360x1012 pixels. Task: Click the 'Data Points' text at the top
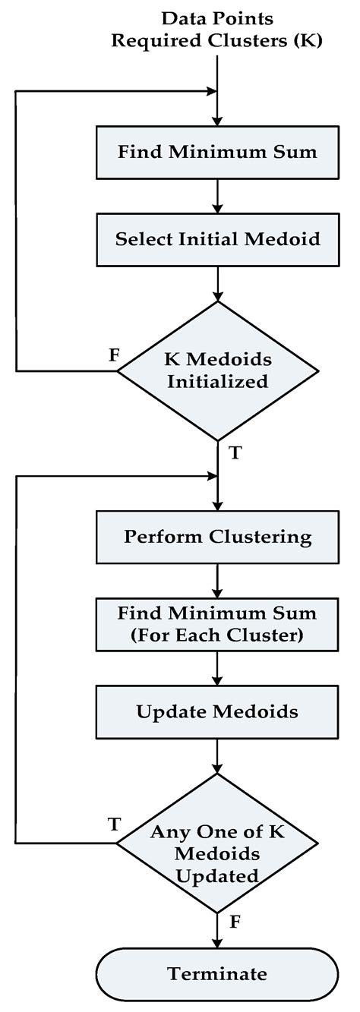[x=217, y=17]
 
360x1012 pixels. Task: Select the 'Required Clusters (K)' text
[x=217, y=40]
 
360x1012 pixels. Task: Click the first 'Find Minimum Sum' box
[x=217, y=151]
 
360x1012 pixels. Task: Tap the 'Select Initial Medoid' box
[x=217, y=238]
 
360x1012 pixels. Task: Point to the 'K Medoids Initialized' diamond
[x=217, y=370]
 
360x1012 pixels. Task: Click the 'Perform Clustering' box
[x=217, y=537]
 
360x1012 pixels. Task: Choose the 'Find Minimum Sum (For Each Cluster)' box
[x=217, y=625]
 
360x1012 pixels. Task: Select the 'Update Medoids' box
[x=217, y=712]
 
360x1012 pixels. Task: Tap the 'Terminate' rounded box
[x=217, y=973]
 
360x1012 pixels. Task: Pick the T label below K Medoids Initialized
[x=235, y=452]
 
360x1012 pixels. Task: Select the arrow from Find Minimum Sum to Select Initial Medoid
[x=217, y=195]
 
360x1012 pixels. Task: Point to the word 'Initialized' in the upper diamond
[x=218, y=381]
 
